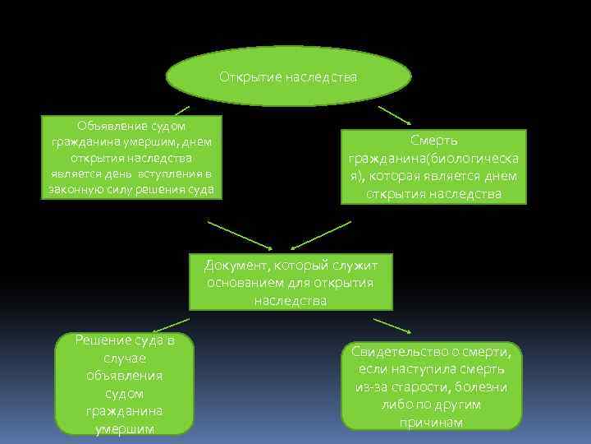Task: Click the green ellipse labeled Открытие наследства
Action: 288,76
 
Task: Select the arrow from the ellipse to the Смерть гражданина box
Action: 395,114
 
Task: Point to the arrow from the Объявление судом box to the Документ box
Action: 240,234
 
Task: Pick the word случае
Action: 124,358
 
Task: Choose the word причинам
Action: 431,423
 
